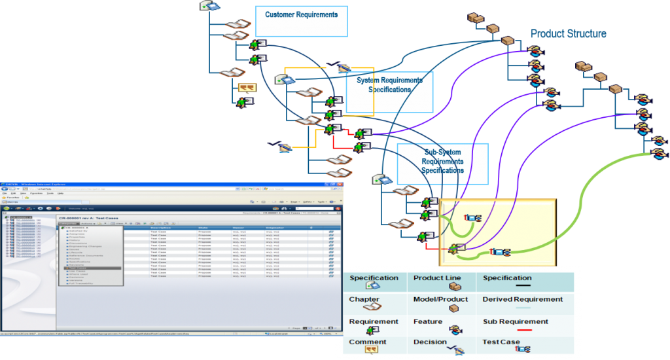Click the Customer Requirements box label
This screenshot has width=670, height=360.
tap(301, 14)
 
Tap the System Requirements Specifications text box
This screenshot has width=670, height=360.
tap(389, 85)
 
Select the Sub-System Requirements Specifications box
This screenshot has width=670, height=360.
tap(442, 161)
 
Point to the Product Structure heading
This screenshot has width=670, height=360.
tap(568, 33)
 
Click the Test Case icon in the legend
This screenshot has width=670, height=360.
tap(522, 350)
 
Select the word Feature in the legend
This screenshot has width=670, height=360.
tap(428, 322)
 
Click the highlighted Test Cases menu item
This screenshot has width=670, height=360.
tap(77, 268)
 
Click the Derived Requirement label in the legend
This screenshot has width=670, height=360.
tap(522, 299)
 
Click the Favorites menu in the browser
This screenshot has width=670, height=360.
tap(35, 193)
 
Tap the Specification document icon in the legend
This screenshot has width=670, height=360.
tap(373, 286)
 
